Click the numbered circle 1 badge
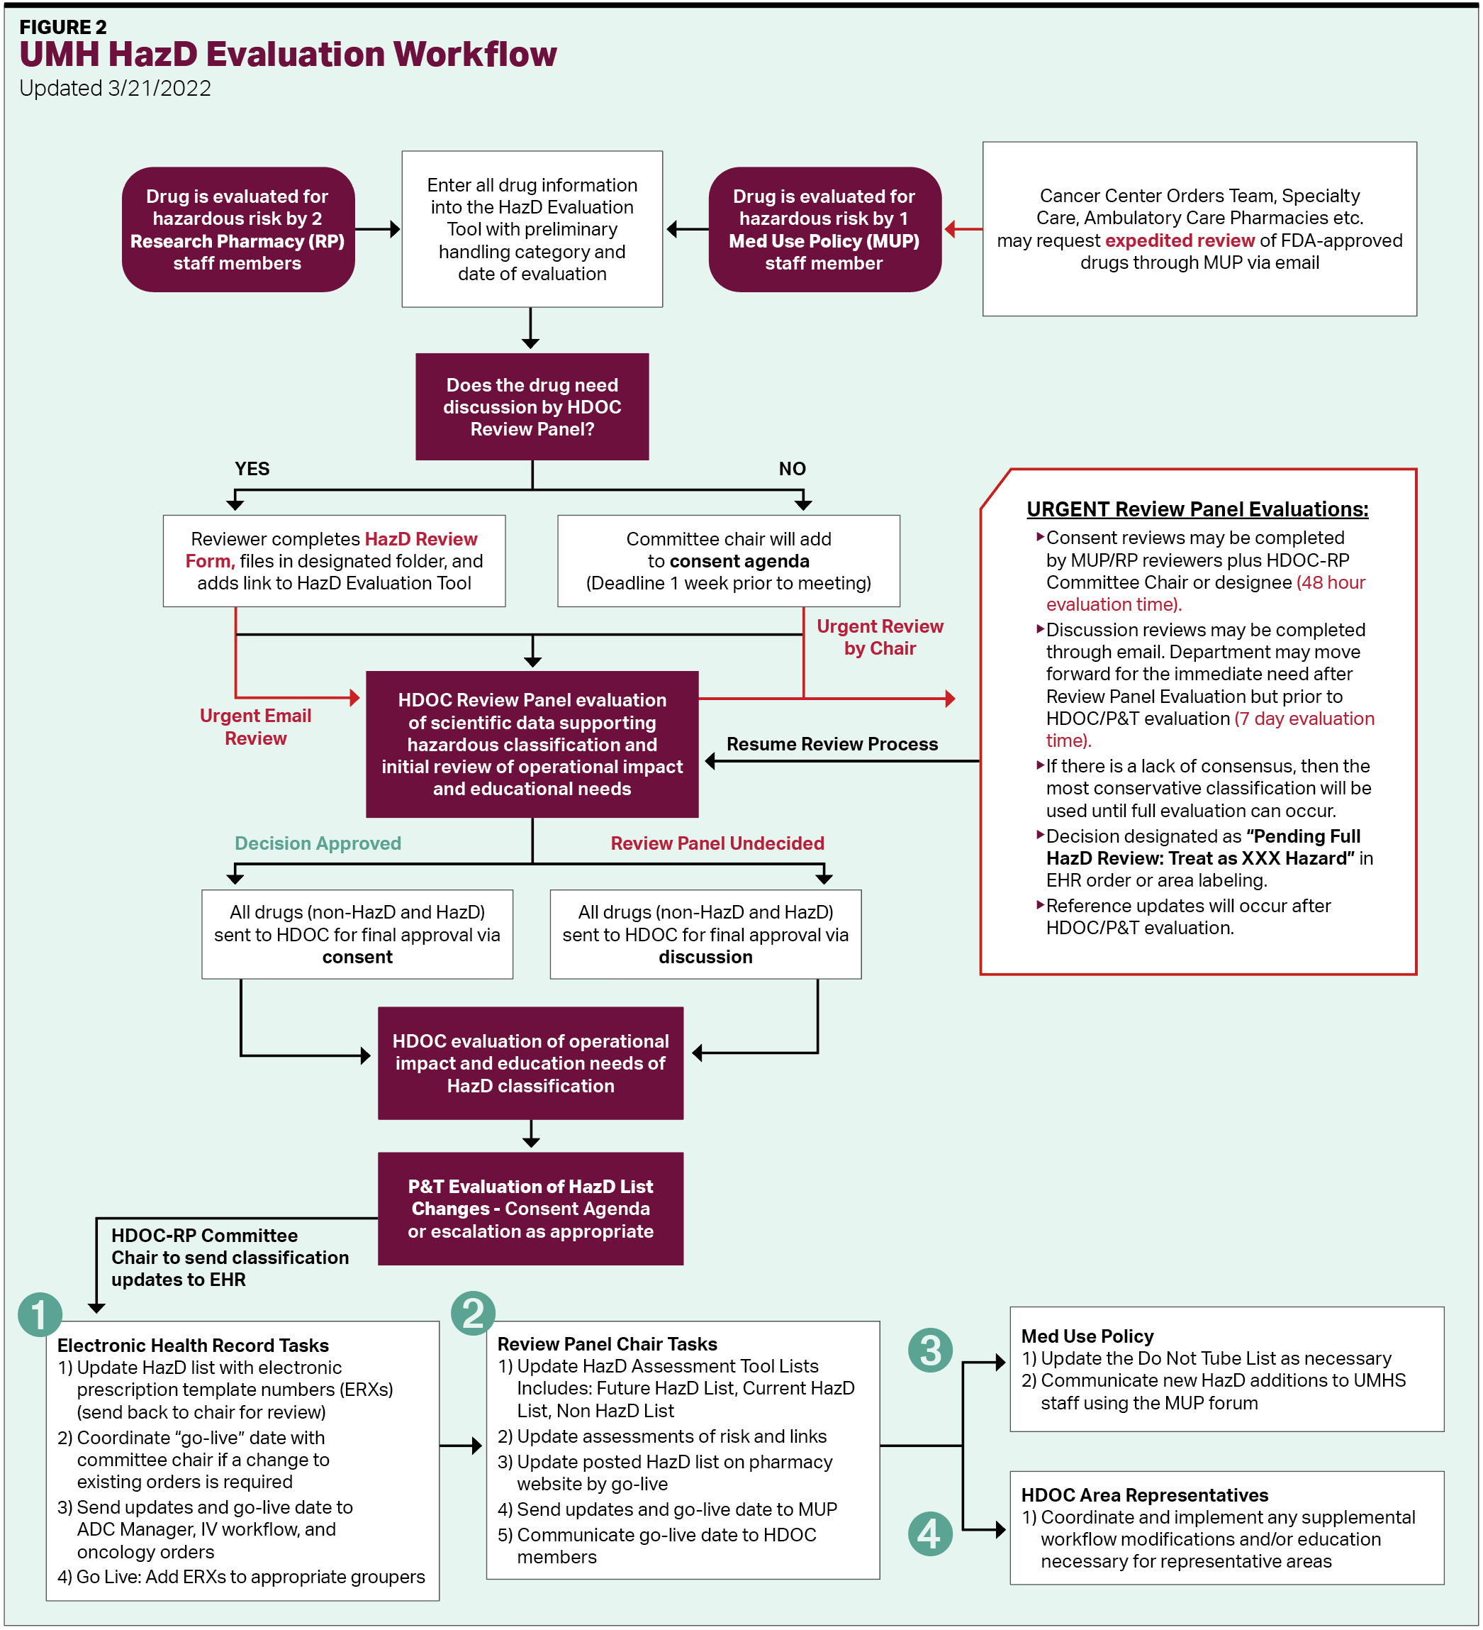[x=40, y=1314]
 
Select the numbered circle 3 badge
[x=930, y=1351]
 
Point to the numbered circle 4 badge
[x=930, y=1534]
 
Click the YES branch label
[x=252, y=469]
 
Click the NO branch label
[x=792, y=469]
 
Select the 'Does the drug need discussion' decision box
[x=532, y=406]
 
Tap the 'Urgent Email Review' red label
[x=255, y=727]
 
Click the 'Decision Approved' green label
[x=318, y=843]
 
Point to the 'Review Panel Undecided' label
[x=717, y=843]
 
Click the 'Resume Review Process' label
[x=832, y=744]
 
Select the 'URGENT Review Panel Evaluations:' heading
[x=1197, y=509]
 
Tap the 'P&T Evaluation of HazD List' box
[x=530, y=1208]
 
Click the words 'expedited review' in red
[x=1179, y=240]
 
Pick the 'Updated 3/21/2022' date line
[x=115, y=88]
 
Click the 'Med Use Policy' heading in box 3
[x=1087, y=1336]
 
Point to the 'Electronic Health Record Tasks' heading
[x=192, y=1346]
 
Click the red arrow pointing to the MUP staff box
[x=962, y=230]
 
